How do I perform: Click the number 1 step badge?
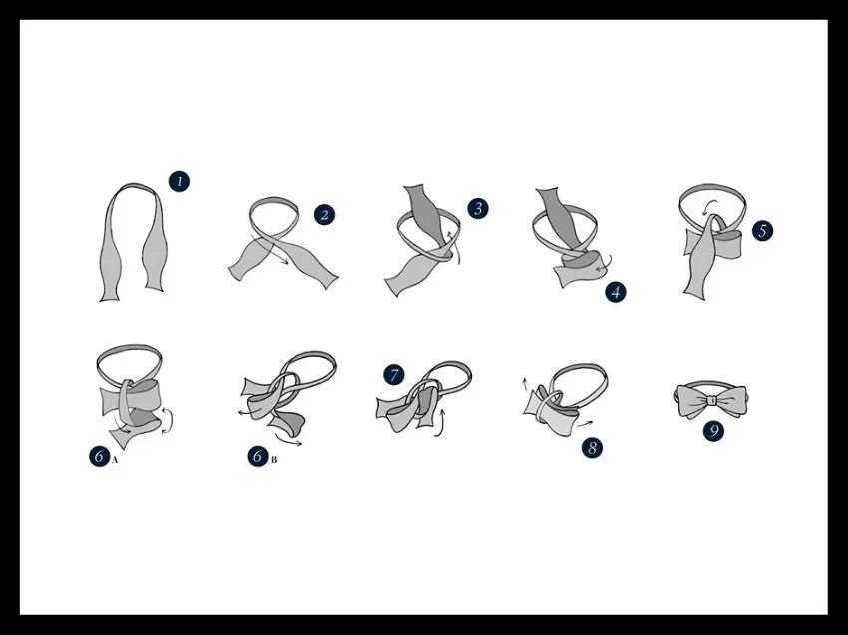(x=179, y=182)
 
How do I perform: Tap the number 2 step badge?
(x=324, y=215)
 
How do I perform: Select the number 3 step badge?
(x=478, y=209)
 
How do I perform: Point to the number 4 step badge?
(x=616, y=292)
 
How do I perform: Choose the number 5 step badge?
(x=762, y=231)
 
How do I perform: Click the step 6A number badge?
(x=99, y=456)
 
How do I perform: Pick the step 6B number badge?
(x=258, y=456)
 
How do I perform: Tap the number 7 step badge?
(x=394, y=375)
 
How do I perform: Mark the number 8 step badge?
(x=593, y=447)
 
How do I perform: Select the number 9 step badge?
(x=714, y=431)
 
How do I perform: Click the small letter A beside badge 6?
(x=114, y=460)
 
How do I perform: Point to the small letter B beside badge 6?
(x=274, y=460)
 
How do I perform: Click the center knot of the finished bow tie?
(x=712, y=400)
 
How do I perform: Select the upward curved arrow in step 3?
(x=455, y=247)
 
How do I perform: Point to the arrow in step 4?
(x=605, y=265)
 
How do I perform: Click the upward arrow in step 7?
(x=440, y=422)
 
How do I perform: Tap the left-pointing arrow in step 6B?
(x=248, y=413)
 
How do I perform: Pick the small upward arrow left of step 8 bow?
(x=525, y=384)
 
